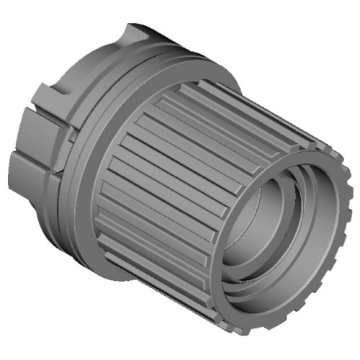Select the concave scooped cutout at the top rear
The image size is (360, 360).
point(144,36)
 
